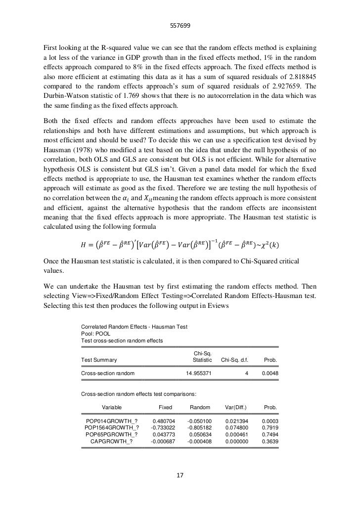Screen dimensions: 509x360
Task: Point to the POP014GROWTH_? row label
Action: click(112, 421)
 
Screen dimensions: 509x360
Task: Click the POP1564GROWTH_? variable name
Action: click(112, 427)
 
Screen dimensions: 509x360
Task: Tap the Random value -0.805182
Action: click(199, 427)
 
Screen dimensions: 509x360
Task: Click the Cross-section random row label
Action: click(108, 374)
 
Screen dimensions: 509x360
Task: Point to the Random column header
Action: click(200, 407)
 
